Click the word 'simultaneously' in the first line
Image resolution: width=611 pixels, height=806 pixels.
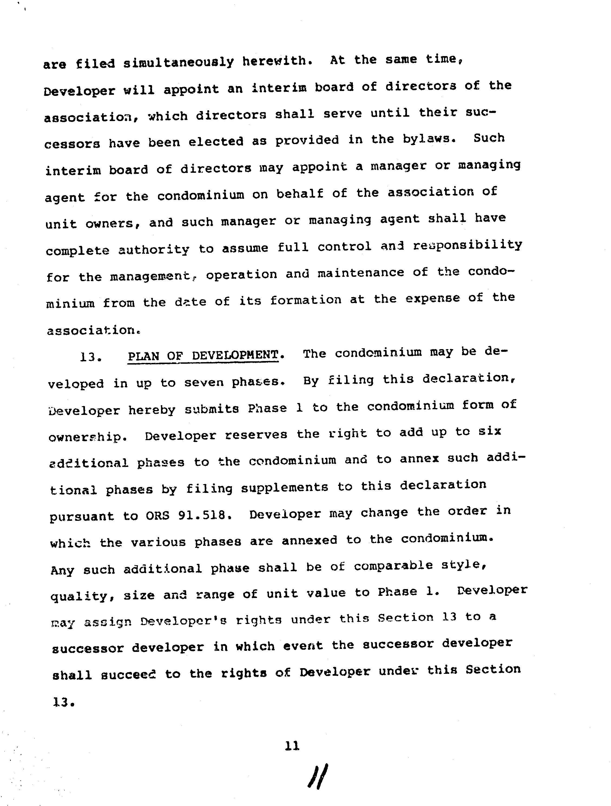tap(178, 62)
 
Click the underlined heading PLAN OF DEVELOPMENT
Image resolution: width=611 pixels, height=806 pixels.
tap(203, 355)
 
